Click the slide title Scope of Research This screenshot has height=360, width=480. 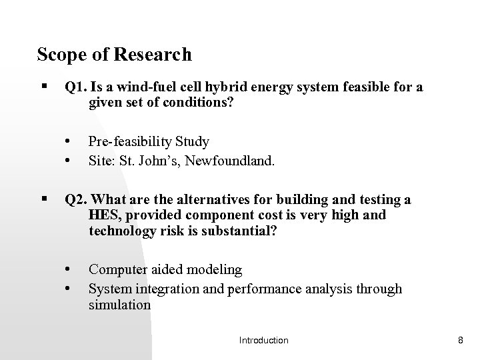point(114,54)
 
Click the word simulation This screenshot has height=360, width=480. point(119,304)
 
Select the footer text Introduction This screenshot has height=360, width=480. point(263,341)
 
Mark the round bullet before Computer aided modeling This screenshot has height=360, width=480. point(68,270)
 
